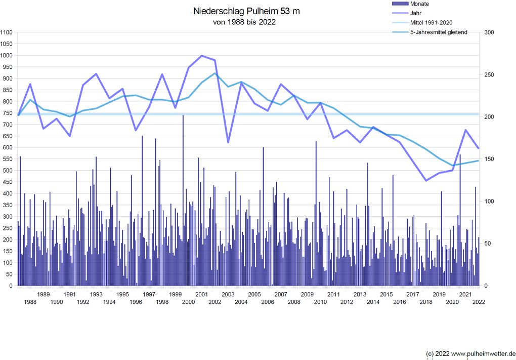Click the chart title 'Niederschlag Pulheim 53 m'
(x=247, y=11)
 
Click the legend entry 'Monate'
(x=419, y=4)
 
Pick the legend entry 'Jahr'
(x=416, y=13)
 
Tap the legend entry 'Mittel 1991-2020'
(x=431, y=23)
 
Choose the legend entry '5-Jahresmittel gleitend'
(x=438, y=32)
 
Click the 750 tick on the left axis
(x=8, y=113)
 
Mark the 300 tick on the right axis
(x=490, y=32)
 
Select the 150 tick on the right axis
(x=490, y=159)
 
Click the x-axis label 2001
(x=201, y=294)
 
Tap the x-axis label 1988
(x=30, y=302)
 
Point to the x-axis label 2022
(x=479, y=302)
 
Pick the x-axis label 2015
(x=386, y=294)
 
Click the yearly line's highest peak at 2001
(x=201, y=56)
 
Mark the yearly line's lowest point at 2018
(x=426, y=181)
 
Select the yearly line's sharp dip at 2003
(x=228, y=142)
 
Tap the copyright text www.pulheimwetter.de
(x=483, y=353)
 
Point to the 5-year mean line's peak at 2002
(x=215, y=73)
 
